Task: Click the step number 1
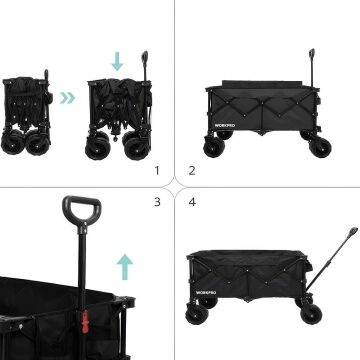[157, 171]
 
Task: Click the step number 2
[192, 171]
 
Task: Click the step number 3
[157, 203]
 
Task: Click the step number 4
[192, 203]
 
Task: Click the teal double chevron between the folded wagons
[66, 99]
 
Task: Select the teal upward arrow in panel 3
[125, 266]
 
